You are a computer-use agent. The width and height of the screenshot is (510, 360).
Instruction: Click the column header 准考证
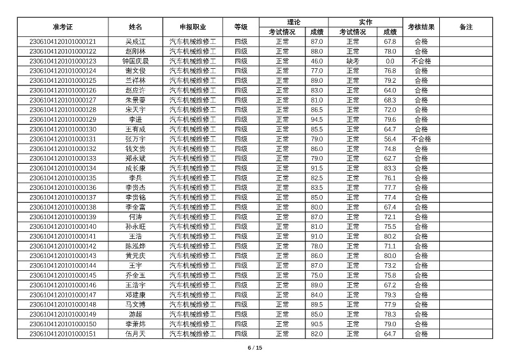point(63,27)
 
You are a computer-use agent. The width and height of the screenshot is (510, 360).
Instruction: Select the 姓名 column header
point(135,27)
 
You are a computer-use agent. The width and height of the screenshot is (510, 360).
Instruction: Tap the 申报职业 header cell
point(193,27)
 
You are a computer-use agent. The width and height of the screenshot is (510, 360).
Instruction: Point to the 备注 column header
point(466,27)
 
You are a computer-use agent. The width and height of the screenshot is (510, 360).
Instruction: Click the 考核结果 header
point(421,27)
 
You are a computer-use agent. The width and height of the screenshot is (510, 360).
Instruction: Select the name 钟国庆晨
point(135,61)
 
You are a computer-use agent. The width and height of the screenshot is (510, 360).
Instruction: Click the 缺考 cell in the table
point(353,61)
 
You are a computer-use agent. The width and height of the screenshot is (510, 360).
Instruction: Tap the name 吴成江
point(135,41)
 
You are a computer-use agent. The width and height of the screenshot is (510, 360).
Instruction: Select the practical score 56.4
point(390,139)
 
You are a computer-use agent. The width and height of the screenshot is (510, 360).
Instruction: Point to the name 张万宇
point(135,139)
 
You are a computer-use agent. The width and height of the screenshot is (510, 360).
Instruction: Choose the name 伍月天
point(135,334)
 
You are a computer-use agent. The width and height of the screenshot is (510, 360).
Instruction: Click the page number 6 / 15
point(255,348)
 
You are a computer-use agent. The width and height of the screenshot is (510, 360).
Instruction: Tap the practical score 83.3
point(390,168)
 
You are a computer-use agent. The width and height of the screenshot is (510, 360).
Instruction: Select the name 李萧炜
point(135,324)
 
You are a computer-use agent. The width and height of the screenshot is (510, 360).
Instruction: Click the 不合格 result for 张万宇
point(421,139)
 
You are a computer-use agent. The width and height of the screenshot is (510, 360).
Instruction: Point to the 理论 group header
point(294,22)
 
